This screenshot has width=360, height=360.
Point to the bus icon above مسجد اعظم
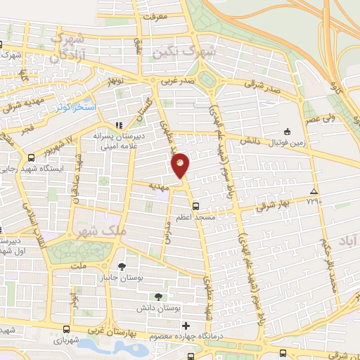pyautogui.click(x=195, y=207)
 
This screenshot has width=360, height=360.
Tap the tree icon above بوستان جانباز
pyautogui.click(x=122, y=266)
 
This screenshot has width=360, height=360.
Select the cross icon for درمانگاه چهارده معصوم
pyautogui.click(x=186, y=326)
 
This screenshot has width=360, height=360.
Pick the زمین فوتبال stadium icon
pyautogui.click(x=287, y=131)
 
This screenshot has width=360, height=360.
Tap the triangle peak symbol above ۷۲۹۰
pyautogui.click(x=313, y=192)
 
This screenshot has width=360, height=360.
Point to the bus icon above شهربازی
pyautogui.click(x=66, y=328)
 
